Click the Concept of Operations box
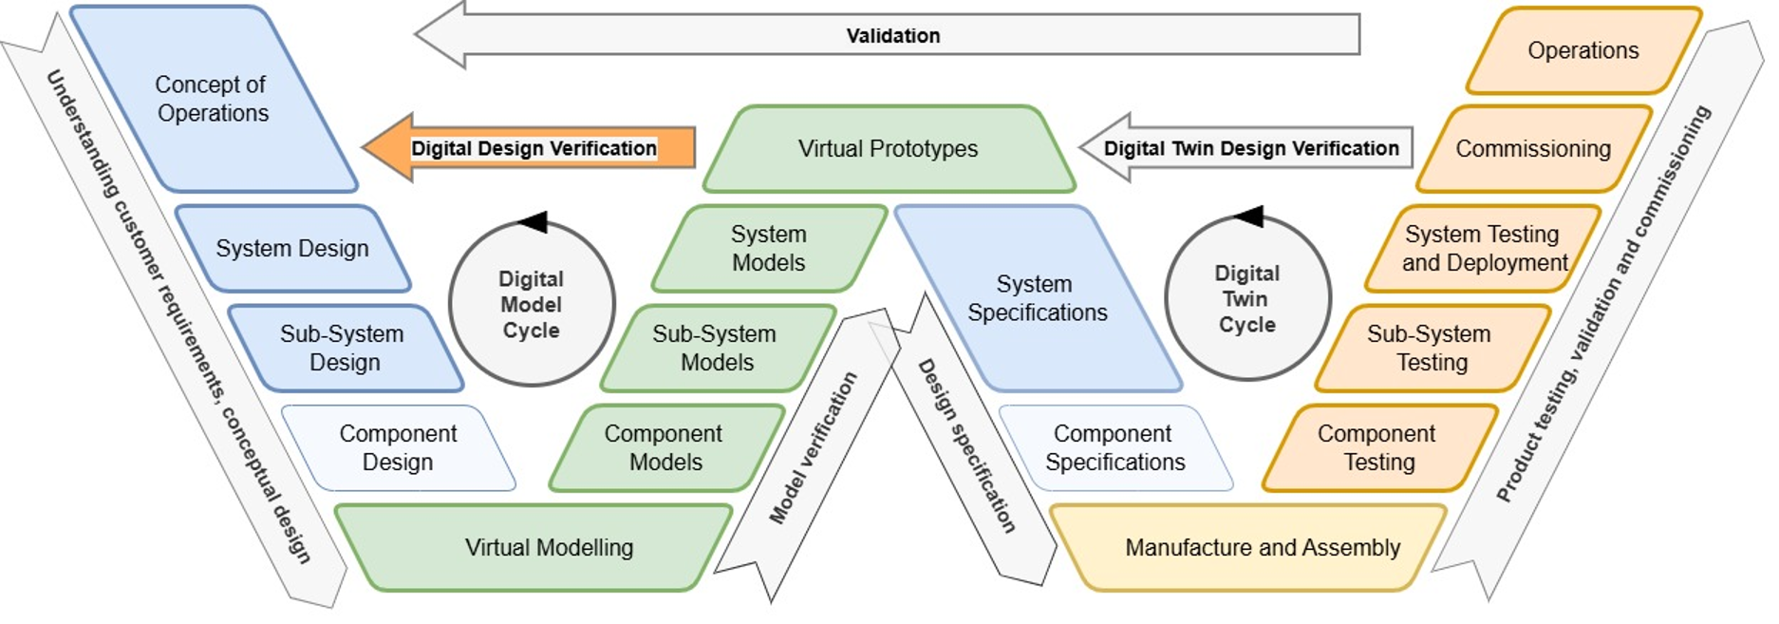[214, 99]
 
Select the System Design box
[292, 249]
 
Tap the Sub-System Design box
[345, 349]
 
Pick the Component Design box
[399, 448]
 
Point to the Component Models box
[666, 448]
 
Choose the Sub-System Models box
[718, 349]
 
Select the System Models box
[769, 249]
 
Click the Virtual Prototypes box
[889, 149]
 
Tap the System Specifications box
[1038, 298]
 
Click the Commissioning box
[1534, 149]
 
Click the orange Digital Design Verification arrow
[529, 148]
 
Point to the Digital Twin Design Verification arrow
[1246, 148]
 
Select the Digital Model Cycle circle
[532, 305]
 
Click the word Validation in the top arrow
[893, 36]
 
